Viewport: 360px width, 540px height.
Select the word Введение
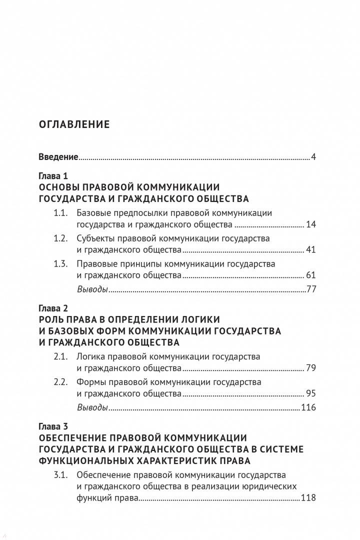click(x=58, y=157)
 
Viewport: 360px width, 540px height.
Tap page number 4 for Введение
click(x=313, y=157)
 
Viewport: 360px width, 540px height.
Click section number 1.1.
click(x=60, y=212)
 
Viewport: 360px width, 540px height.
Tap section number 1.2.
click(x=60, y=238)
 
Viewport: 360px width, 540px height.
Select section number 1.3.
click(x=60, y=263)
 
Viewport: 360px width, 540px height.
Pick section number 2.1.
click(x=60, y=356)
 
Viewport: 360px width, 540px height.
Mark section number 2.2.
click(x=60, y=382)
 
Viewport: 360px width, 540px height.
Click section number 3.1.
click(x=60, y=474)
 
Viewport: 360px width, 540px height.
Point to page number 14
click(x=311, y=224)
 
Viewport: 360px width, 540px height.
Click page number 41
click(x=311, y=250)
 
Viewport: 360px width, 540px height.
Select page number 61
click(x=311, y=275)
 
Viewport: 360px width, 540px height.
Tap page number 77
click(x=311, y=289)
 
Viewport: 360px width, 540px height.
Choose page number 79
click(x=311, y=368)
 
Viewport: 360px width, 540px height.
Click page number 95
click(x=311, y=394)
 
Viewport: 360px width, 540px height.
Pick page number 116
click(x=308, y=407)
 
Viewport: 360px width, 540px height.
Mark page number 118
click(x=308, y=498)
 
